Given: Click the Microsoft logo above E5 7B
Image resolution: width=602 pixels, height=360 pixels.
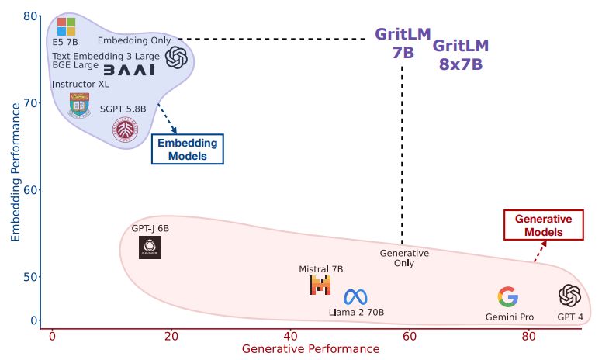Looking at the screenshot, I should (x=67, y=26).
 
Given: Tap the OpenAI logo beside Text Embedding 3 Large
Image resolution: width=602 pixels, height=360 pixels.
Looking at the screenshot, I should (x=176, y=57).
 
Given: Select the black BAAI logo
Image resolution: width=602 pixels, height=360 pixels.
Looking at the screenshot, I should (x=129, y=70).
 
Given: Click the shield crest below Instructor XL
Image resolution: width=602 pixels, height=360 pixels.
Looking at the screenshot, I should (x=78, y=104).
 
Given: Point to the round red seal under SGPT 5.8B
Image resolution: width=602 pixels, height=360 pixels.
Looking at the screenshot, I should (x=126, y=128).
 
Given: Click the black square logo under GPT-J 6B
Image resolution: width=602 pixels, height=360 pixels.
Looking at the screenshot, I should (x=150, y=247).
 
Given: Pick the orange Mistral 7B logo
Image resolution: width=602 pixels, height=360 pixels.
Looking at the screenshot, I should (x=320, y=286).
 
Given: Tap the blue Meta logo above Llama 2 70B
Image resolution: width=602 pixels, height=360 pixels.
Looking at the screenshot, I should (x=355, y=296).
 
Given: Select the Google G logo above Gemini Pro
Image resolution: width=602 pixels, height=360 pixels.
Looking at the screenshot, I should (x=507, y=296).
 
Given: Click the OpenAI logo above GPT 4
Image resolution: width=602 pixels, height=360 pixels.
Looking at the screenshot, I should (x=570, y=296).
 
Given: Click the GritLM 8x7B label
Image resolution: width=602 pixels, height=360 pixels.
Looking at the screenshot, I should (x=461, y=55).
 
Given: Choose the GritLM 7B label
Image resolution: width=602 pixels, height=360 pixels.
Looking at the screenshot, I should (x=403, y=43).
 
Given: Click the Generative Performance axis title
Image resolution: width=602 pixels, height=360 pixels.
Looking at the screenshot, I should (x=310, y=349).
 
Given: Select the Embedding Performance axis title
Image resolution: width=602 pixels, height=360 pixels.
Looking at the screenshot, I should (x=15, y=168).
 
